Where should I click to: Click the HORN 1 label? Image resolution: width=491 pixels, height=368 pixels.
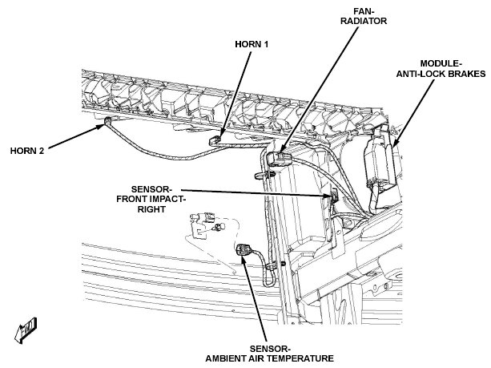pos(252,44)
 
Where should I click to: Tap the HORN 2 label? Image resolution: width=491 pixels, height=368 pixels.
pos(27,151)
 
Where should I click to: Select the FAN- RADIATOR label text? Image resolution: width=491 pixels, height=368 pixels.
pos(364,16)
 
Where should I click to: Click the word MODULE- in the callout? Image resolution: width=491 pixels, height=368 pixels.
pos(441,63)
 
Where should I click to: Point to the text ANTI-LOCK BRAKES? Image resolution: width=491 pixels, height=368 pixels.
pos(441,74)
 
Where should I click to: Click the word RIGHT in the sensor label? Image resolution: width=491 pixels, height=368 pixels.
pos(151,209)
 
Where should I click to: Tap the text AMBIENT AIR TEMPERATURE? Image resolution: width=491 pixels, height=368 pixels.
pos(270,358)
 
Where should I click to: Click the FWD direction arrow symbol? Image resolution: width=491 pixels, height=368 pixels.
pos(26,330)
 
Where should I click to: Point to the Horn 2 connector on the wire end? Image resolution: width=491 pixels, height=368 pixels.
pos(107,121)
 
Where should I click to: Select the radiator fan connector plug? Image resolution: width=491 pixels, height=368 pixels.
pos(280,159)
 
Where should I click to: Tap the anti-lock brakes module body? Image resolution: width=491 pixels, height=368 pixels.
pos(378,163)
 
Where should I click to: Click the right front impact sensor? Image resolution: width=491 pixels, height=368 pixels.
pos(334,196)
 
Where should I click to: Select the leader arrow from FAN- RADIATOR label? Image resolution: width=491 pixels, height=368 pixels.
pos(319,90)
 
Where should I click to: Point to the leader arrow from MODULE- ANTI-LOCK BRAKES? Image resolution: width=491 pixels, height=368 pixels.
pos(413,112)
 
